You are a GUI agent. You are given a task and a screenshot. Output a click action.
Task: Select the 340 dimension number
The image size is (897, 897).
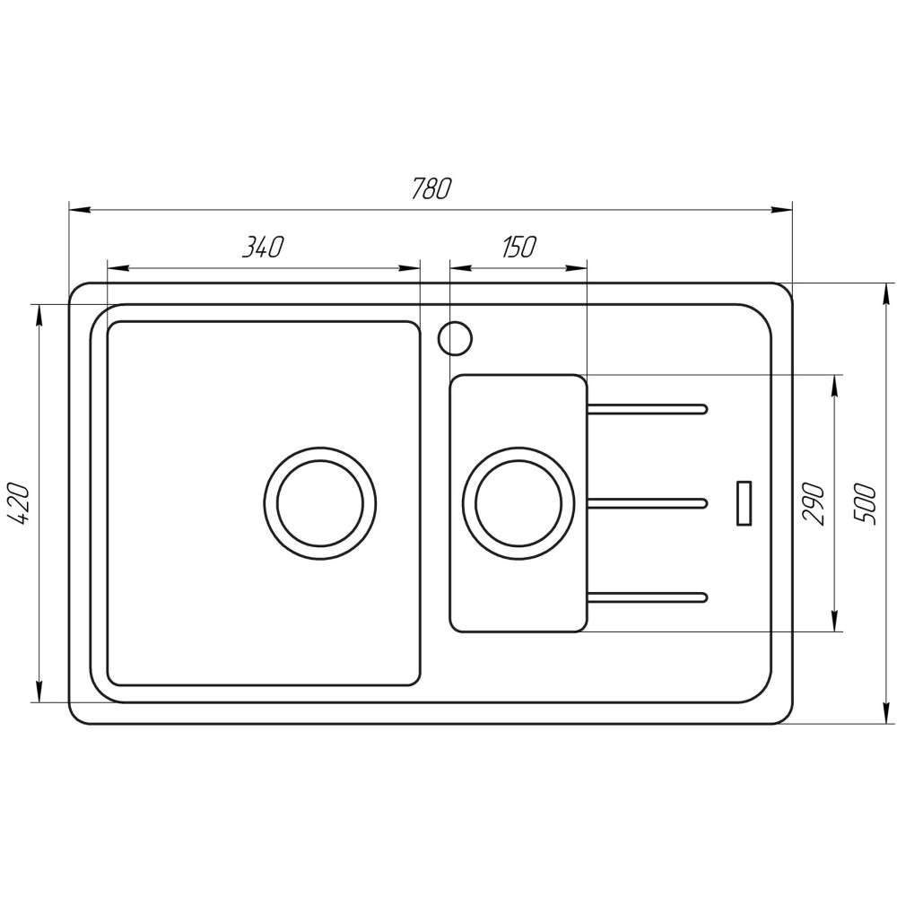[262, 248]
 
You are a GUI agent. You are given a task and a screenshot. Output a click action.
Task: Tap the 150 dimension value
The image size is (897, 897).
[518, 248]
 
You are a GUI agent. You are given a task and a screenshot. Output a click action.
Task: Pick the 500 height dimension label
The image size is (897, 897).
[865, 503]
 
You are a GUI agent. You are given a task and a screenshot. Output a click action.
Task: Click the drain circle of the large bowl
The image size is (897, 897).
[319, 502]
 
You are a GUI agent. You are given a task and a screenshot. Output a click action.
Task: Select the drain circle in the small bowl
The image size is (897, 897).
[518, 502]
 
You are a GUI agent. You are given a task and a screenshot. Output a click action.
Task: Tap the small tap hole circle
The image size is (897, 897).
[455, 338]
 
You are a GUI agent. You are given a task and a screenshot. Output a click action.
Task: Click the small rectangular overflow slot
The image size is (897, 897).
[744, 503]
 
